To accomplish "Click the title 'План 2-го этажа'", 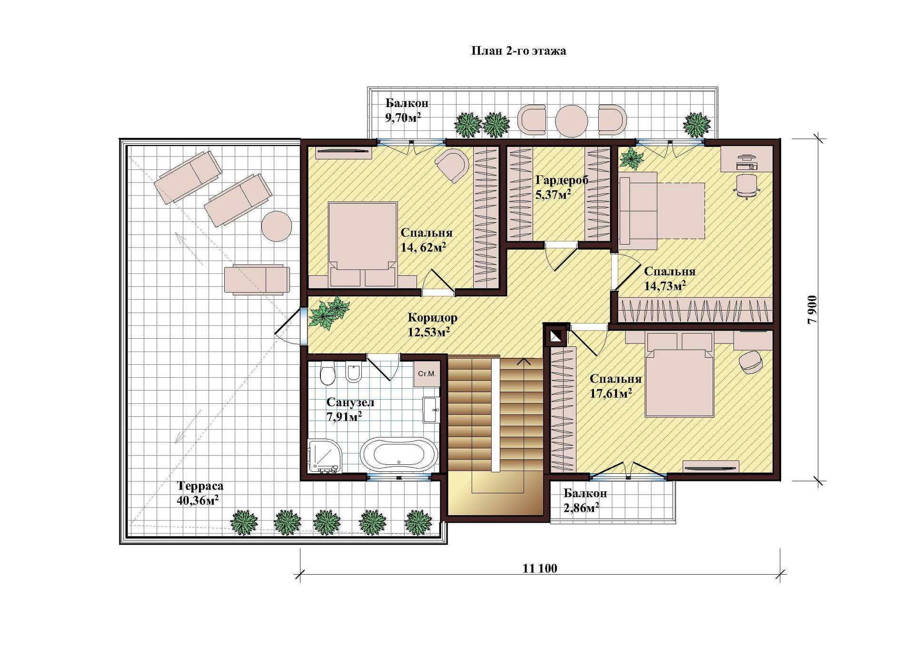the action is [x=518, y=51].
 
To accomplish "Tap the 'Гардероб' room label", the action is [x=562, y=180].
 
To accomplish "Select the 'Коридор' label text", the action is [x=432, y=317].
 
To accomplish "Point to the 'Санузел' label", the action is [x=350, y=402].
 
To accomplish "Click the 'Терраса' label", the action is [x=200, y=486].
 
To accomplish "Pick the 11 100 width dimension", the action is [x=540, y=568].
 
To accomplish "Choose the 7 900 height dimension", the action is [x=813, y=310].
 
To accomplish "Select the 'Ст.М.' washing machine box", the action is [x=427, y=374].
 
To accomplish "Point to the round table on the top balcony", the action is [x=571, y=119].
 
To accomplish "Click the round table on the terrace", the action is [x=277, y=226].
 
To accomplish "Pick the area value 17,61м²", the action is [x=611, y=393].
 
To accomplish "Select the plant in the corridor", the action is [x=329, y=313].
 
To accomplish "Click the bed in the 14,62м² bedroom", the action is [x=363, y=245].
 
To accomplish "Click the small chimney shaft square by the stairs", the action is [x=556, y=336].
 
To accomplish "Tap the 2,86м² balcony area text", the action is [x=581, y=508].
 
